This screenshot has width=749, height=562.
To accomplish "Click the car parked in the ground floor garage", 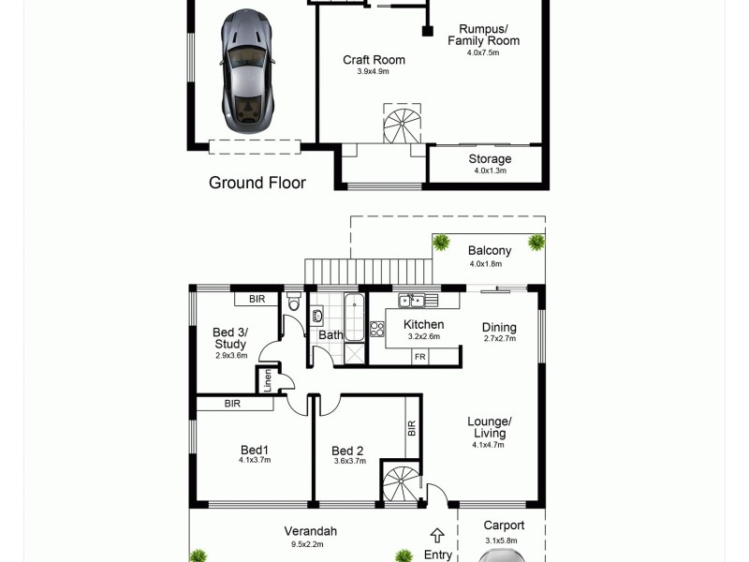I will [248, 73].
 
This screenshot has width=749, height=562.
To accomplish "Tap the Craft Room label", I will [374, 60].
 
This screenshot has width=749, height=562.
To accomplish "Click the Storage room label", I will [490, 159].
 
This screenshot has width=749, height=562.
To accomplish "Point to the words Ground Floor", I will [257, 183].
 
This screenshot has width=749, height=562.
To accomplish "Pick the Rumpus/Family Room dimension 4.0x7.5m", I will [483, 53].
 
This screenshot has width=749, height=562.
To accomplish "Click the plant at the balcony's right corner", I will [536, 243].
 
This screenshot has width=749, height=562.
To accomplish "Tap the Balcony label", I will [490, 250].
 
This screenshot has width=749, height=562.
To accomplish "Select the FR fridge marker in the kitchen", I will [419, 357].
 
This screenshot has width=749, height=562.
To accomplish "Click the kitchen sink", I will [412, 301].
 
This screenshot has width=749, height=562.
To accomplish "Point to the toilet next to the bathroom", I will [293, 303].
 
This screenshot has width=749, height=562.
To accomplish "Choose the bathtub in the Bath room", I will [355, 318].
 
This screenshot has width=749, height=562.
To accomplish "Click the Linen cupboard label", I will [267, 380].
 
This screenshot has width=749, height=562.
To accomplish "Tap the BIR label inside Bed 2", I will [412, 428].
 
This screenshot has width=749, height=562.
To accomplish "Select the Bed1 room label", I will [254, 450].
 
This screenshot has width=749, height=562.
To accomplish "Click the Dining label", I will [498, 327].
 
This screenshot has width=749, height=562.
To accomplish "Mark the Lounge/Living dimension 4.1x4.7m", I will [488, 445].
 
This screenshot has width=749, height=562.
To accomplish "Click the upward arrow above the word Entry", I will [437, 535].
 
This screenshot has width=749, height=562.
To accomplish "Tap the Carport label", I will [503, 525].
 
